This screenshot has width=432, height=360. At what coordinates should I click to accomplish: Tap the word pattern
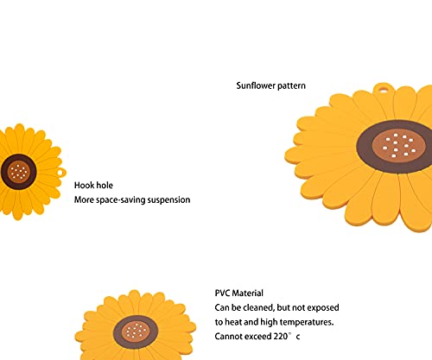point(291,86)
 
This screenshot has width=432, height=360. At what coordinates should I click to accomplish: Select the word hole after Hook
point(105,185)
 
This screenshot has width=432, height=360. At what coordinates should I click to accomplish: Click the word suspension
point(168,200)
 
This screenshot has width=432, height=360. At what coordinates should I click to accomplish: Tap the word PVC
point(222,294)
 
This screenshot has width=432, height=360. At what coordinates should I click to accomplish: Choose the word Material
point(248,294)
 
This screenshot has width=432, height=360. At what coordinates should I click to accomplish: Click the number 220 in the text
point(280,337)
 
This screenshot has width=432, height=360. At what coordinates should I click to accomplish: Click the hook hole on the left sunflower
point(61,173)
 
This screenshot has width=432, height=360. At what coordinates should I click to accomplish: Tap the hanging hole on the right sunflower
point(383,88)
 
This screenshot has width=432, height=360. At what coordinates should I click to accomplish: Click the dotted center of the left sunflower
point(19,172)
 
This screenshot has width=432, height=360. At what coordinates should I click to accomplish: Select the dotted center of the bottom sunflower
point(136,332)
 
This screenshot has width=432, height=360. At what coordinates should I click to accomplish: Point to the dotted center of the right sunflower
point(399,146)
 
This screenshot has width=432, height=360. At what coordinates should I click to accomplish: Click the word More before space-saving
point(84,200)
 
